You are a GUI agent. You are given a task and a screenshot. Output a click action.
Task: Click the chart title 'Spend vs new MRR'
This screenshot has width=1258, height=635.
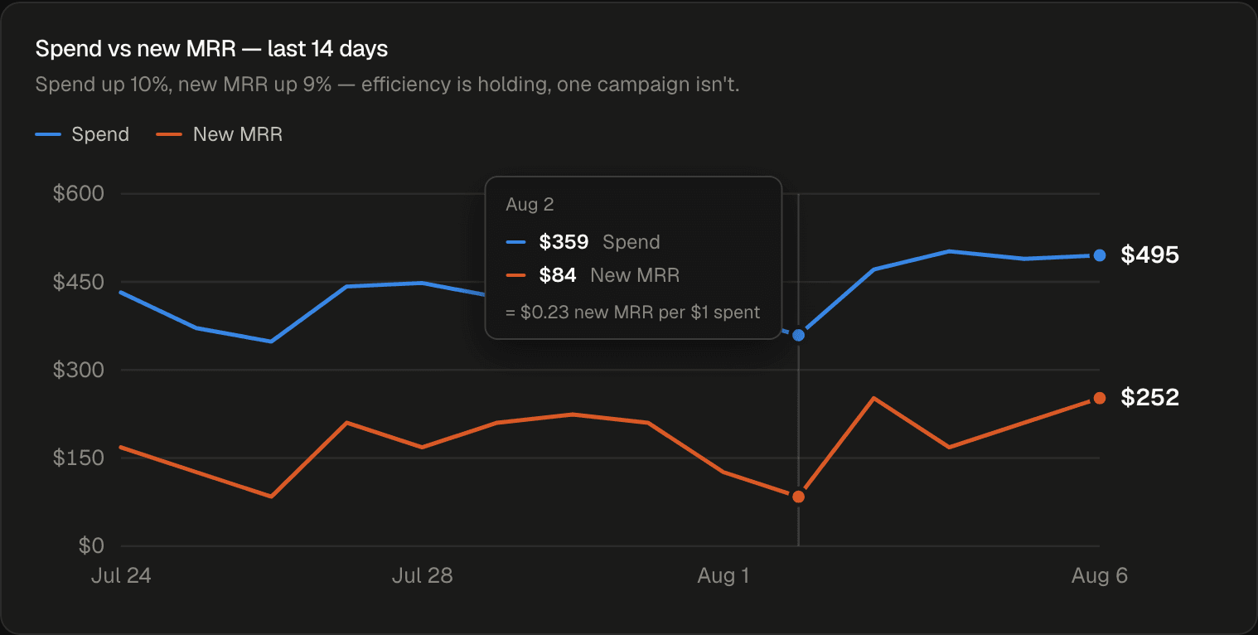click(135, 49)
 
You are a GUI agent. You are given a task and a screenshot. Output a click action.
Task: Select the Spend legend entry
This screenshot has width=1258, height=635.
click(82, 134)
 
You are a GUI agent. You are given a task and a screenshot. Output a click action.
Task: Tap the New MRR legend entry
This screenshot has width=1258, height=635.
click(219, 134)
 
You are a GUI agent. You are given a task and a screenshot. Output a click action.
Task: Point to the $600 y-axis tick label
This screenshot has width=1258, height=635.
click(79, 194)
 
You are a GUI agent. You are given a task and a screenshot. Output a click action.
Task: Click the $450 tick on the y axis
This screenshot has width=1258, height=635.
click(79, 282)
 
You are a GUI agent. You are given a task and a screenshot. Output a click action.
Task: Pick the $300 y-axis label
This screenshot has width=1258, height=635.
click(79, 370)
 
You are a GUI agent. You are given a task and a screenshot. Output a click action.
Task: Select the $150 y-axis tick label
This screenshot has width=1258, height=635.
click(79, 458)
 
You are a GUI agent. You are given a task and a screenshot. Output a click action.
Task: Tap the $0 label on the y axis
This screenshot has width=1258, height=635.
click(91, 545)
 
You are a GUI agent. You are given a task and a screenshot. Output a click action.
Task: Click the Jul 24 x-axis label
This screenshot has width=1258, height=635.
click(121, 575)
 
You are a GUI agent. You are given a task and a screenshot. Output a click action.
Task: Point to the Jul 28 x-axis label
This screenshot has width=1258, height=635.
click(423, 575)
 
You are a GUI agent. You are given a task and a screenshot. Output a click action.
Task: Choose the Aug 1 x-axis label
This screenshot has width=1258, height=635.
click(723, 575)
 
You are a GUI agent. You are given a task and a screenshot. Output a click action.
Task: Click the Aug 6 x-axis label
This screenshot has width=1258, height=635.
click(1100, 575)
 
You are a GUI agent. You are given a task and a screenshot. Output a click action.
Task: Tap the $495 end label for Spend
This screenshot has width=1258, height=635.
click(1149, 255)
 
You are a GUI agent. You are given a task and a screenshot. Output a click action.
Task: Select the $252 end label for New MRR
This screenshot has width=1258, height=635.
click(1149, 398)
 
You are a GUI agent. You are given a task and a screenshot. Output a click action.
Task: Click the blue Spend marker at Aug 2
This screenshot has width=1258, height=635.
click(799, 336)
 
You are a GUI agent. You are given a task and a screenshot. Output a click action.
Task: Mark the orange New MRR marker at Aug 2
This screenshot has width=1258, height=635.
click(799, 497)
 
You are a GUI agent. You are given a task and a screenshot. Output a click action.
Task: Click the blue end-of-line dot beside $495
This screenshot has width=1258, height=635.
click(1100, 255)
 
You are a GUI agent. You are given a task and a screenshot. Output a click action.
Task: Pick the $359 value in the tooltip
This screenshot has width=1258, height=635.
click(564, 242)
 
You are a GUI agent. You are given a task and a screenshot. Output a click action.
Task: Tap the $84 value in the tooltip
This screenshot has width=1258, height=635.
click(558, 275)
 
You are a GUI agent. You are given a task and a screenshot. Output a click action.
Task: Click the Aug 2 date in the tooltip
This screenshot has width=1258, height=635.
click(530, 205)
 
